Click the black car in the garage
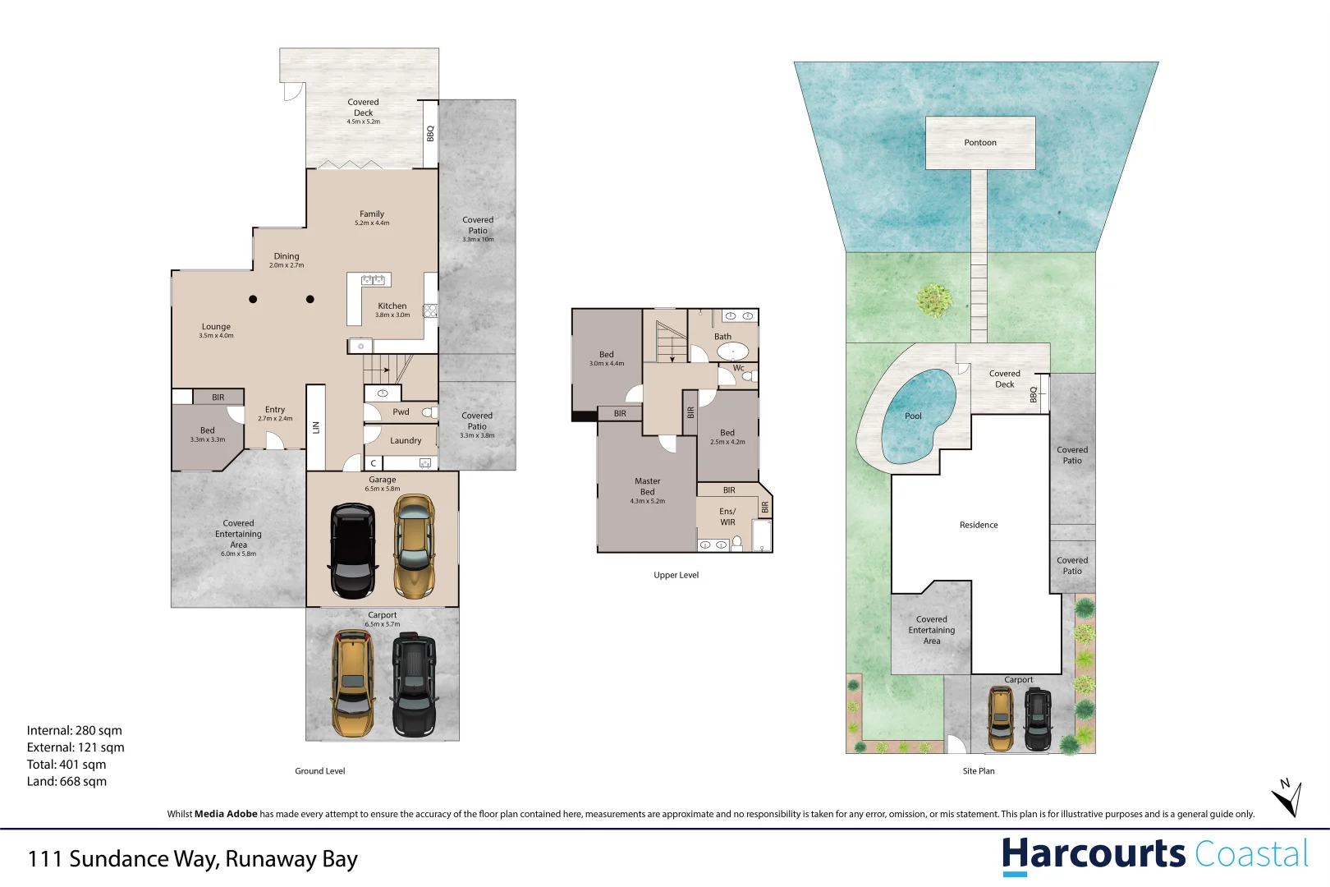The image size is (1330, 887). coord(353,550)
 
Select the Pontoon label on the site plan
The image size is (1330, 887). coord(979,143)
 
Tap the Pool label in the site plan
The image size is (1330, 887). coord(913,416)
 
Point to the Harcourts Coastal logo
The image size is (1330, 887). coord(1154,855)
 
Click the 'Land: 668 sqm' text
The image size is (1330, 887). coord(66,782)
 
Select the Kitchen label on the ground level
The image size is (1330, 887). coord(392,306)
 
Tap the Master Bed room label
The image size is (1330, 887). coord(647,486)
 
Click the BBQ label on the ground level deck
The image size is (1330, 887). coord(430,133)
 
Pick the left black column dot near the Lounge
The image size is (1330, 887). coord(253,299)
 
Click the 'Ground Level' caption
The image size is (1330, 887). coord(320,771)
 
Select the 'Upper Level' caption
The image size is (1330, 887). coord(676,575)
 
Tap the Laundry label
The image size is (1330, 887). coord(406,441)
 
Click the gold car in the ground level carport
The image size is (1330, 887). coord(353,683)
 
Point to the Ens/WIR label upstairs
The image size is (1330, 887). coord(727,517)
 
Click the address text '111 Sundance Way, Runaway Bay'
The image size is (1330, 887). coord(193,859)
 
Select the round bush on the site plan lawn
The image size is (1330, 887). coord(934,300)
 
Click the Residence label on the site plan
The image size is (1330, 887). coord(979,525)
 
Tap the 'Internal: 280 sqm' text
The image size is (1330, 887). coord(74,730)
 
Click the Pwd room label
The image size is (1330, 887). coord(401,412)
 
